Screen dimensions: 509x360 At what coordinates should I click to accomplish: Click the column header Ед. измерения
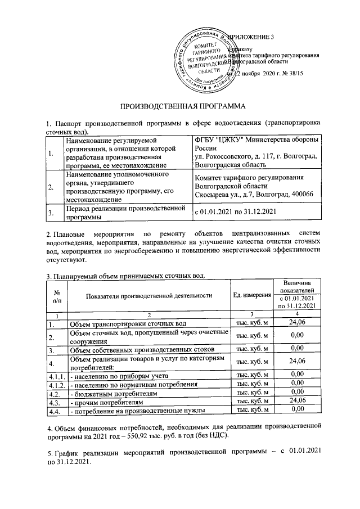251,295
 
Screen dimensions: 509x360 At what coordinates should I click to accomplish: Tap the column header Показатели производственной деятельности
149,295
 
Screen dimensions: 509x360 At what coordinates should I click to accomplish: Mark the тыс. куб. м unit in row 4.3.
251,401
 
